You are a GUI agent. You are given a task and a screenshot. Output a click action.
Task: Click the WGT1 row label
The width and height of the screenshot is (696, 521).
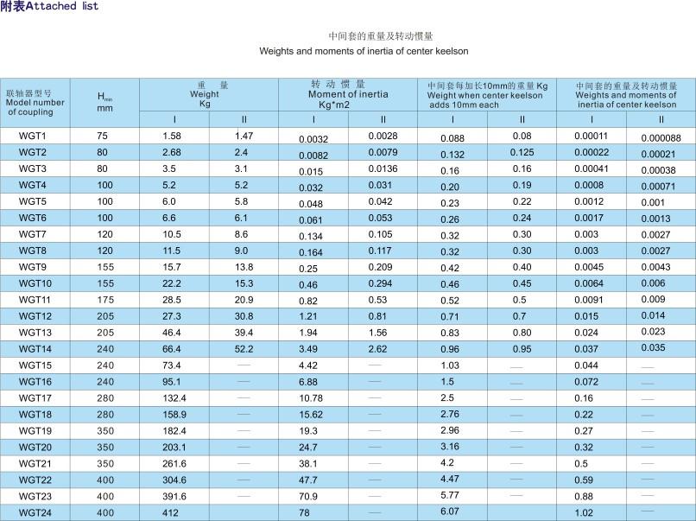(x=32, y=136)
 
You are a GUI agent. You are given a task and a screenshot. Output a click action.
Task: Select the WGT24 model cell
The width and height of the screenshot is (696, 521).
(x=35, y=512)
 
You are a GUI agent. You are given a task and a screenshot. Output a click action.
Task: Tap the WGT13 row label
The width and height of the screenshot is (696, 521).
(x=35, y=333)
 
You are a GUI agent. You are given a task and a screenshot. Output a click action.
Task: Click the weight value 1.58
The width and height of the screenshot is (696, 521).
(x=172, y=136)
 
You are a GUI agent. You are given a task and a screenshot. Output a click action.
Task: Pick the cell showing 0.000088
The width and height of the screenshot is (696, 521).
(x=661, y=138)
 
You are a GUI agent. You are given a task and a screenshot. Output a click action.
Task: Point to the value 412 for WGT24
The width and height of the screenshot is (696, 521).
(x=171, y=512)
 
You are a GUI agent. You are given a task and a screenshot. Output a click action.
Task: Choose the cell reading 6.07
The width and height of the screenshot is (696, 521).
(x=450, y=512)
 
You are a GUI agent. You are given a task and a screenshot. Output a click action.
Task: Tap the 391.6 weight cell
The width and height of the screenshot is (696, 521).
(x=174, y=497)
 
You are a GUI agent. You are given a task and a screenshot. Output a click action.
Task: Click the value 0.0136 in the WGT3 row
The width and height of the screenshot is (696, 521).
(x=383, y=168)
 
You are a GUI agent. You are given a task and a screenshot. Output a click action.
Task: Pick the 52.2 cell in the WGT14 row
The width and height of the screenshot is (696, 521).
(x=244, y=349)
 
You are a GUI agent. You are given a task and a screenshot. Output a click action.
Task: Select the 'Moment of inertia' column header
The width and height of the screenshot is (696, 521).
(x=348, y=94)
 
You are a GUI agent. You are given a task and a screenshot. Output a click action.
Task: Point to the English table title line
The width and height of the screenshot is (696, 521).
(x=364, y=51)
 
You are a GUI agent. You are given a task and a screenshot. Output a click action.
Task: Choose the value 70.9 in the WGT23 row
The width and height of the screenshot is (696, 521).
(x=309, y=497)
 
